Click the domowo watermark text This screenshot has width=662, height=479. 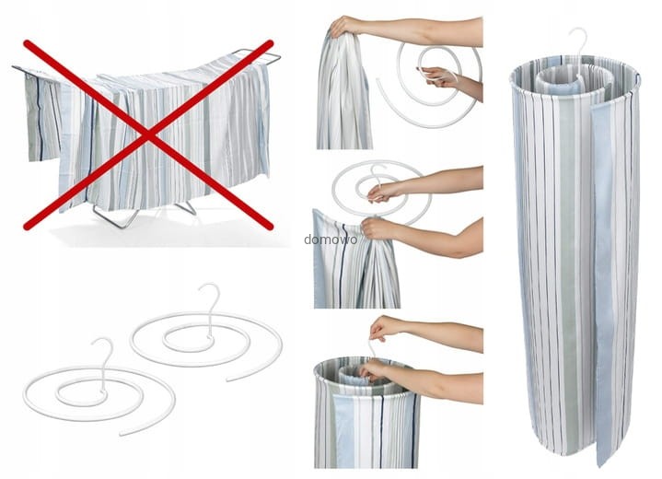331,239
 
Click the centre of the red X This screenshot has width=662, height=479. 148,135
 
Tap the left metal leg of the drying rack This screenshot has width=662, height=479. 115,217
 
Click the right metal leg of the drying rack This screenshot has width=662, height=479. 186,208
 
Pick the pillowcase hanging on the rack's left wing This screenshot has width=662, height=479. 42,117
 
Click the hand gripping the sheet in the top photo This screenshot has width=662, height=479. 344,26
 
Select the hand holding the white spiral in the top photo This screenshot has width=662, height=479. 435,76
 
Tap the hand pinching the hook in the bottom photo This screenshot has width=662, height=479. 383,327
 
